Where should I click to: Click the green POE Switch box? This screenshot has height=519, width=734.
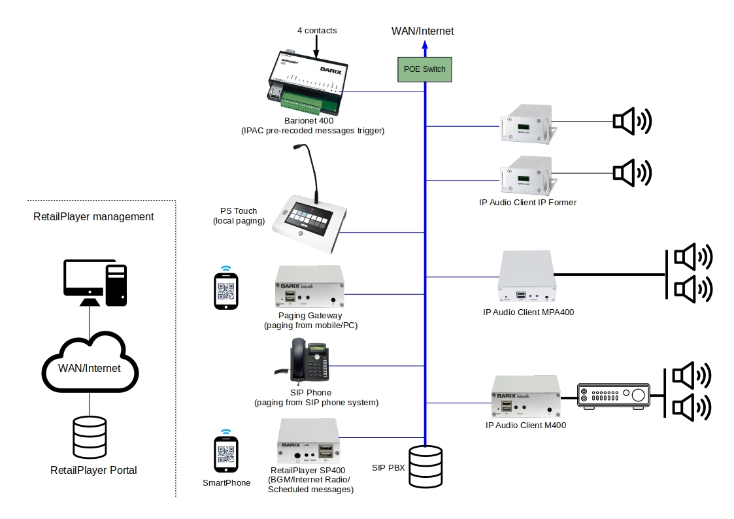point(425,69)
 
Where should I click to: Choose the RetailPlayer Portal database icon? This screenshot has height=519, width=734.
point(90,438)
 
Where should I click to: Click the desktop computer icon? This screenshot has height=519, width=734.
point(95,282)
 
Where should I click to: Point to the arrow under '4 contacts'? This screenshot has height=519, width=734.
point(317,46)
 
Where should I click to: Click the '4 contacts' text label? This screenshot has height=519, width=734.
point(317,30)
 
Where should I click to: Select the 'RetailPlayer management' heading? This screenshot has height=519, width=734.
point(93,216)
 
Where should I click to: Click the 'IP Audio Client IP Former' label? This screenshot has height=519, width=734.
point(527,203)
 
